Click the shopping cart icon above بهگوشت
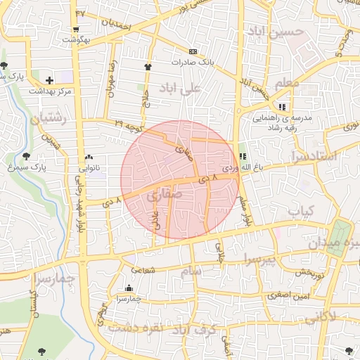tap(75, 30)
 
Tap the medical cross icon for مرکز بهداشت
tap(49, 80)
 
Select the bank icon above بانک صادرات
tap(193, 51)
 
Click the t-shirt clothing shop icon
tap(148, 67)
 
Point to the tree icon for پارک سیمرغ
tap(27, 156)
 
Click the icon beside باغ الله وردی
tap(243, 157)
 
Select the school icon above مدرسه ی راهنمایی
tap(282, 107)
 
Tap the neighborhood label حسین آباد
tap(275, 32)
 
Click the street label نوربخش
tap(309, 272)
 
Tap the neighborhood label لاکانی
tap(322, 318)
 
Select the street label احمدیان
tap(117, 23)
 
